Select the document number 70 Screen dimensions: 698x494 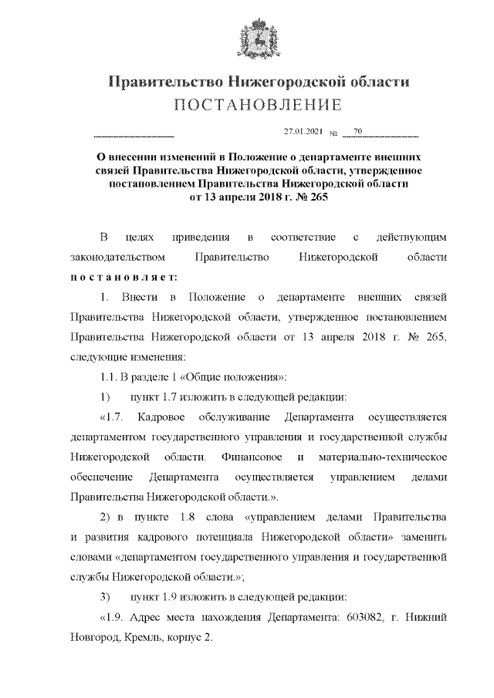pyautogui.click(x=357, y=132)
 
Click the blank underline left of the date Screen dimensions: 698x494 pyautogui.click(x=134, y=134)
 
